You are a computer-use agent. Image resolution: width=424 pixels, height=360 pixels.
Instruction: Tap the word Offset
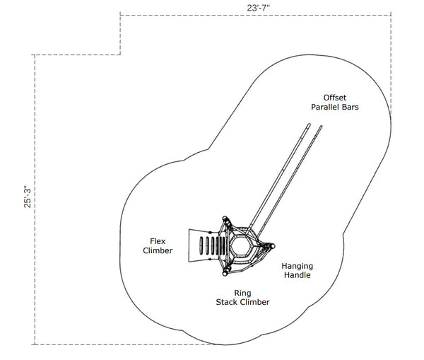(x=336, y=97)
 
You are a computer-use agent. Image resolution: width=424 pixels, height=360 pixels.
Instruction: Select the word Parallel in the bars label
(x=327, y=107)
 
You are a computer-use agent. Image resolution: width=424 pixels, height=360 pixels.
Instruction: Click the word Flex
(x=157, y=240)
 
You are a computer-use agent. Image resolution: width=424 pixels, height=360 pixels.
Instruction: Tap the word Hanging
(x=297, y=266)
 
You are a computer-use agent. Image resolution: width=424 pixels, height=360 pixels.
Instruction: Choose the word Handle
(x=297, y=275)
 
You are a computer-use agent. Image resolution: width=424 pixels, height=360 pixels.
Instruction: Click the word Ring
(x=242, y=292)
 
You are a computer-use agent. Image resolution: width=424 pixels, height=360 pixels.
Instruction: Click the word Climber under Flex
(x=157, y=250)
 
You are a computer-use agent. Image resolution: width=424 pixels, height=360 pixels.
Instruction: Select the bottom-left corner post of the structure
(x=225, y=272)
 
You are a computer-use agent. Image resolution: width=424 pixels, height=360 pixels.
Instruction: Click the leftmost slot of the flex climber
(x=201, y=246)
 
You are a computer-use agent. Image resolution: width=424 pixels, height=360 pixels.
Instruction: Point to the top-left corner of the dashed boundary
(x=120, y=13)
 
